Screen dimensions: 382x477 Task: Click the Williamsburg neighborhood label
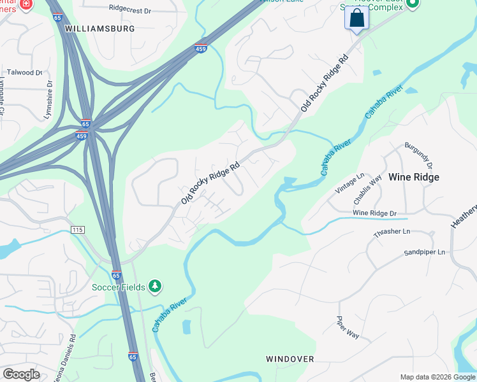tap(101, 29)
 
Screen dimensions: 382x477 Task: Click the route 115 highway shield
tap(78, 229)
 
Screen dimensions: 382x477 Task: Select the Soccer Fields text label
tap(119, 287)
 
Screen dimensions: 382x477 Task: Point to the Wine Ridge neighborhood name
tap(414, 177)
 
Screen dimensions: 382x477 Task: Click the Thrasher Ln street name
tap(391, 232)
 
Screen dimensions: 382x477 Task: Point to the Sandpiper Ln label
tap(424, 252)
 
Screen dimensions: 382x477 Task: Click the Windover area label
tap(290, 359)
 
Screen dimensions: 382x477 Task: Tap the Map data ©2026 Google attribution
tap(437, 377)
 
